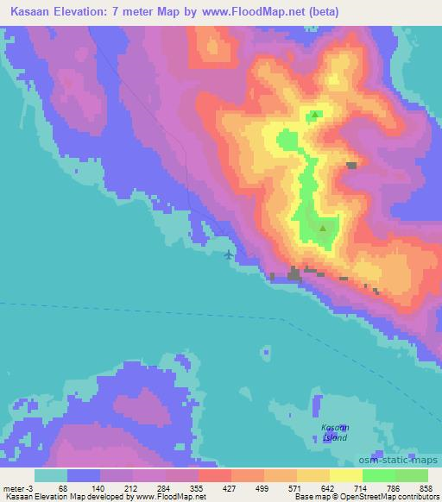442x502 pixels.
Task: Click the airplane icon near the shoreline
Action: (228, 254)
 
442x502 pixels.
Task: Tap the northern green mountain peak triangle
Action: (316, 115)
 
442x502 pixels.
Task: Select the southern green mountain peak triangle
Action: (323, 229)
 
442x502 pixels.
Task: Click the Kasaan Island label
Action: (335, 432)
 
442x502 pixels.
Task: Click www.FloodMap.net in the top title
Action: (256, 12)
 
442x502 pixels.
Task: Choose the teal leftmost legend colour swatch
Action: (51, 475)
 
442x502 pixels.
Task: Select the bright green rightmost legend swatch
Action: (412, 475)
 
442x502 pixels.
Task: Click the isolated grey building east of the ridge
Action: (351, 165)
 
